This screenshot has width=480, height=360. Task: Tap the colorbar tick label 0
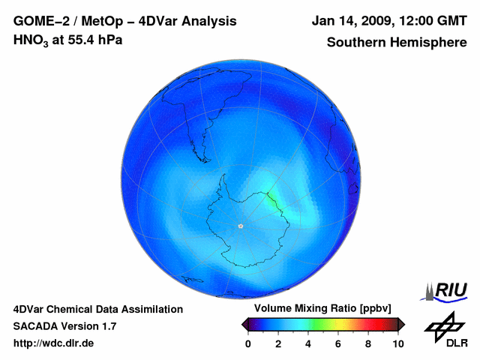pyautogui.click(x=248, y=343)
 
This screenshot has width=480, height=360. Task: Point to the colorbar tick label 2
pyautogui.click(x=278, y=343)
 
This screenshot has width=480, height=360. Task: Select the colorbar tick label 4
pyautogui.click(x=308, y=343)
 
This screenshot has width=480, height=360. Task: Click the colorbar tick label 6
pyautogui.click(x=338, y=343)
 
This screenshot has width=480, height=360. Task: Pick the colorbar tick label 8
pyautogui.click(x=368, y=343)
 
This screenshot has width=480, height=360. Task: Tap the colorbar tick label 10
pyautogui.click(x=397, y=343)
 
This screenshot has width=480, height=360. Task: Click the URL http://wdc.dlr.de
pyautogui.click(x=54, y=343)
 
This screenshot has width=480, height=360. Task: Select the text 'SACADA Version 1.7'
pyautogui.click(x=64, y=326)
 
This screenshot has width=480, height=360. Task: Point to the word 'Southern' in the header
pyautogui.click(x=357, y=42)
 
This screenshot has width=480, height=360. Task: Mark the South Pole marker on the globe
pyautogui.click(x=240, y=226)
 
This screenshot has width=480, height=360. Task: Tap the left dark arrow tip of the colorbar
pyautogui.click(x=244, y=324)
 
